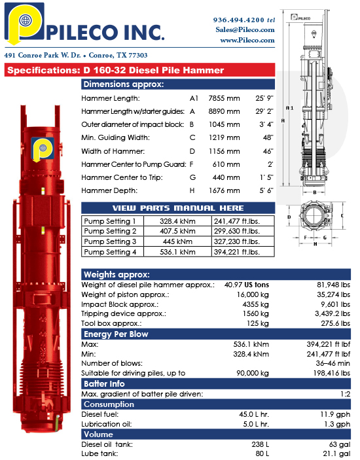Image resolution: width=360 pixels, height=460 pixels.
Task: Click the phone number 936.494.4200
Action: [239, 20]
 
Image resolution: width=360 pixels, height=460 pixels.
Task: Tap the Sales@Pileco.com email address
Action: [244, 29]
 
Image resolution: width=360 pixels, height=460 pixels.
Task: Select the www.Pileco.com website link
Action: [247, 40]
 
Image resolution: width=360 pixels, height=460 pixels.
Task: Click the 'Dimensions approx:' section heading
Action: [123, 84]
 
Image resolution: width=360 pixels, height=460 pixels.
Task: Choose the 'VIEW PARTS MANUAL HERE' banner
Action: [178, 208]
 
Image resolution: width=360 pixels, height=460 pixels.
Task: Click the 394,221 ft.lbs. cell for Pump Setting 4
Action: [237, 252]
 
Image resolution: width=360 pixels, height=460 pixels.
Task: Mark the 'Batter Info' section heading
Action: [104, 383]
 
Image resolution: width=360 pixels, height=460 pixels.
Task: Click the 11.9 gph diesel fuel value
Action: [339, 414]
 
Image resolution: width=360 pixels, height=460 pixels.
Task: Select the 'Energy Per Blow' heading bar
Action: [115, 334]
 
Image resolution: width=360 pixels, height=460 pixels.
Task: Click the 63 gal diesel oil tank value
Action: [342, 444]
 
